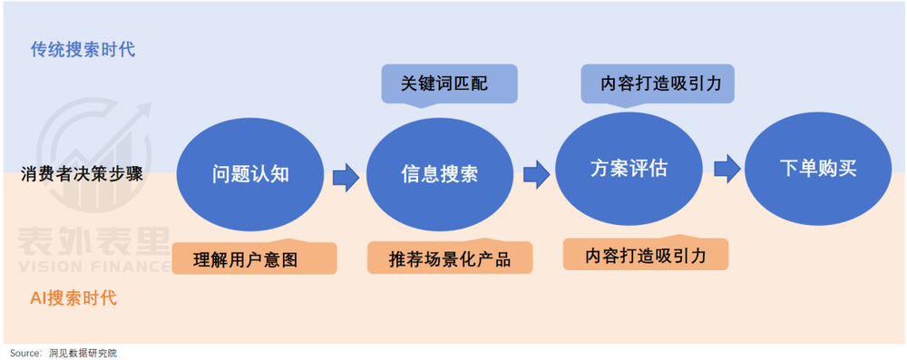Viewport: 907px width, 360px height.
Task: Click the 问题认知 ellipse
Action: click(250, 174)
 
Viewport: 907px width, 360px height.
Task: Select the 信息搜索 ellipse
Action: click(439, 174)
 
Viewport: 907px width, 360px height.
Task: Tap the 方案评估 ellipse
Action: click(629, 169)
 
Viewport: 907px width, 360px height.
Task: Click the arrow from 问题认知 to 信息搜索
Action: click(345, 175)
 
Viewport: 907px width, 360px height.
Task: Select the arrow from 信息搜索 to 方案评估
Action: click(536, 171)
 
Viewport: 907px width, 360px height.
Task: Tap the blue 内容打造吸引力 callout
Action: click(657, 83)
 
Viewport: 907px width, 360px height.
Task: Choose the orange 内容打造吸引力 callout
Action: click(645, 254)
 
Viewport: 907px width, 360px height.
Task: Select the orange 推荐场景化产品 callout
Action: click(449, 258)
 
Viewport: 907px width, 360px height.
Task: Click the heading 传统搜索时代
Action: click(83, 49)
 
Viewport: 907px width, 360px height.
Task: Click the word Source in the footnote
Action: click(24, 353)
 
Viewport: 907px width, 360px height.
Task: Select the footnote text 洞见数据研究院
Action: click(83, 353)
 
